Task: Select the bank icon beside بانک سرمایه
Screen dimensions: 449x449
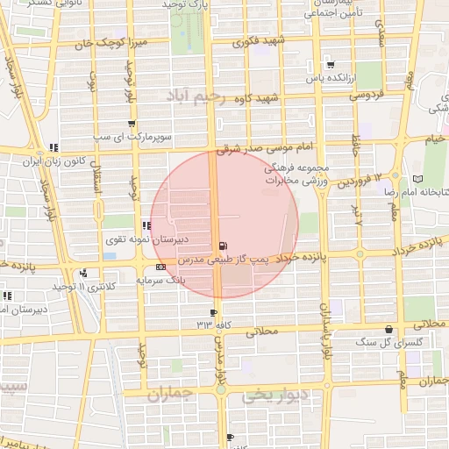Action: pos(160,267)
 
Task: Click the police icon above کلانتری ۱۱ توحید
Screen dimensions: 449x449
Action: pos(84,273)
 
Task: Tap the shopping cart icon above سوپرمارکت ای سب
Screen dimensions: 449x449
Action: pos(132,124)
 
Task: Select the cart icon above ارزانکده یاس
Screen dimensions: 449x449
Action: pos(330,64)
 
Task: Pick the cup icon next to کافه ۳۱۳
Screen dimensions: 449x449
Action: pos(213,312)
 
